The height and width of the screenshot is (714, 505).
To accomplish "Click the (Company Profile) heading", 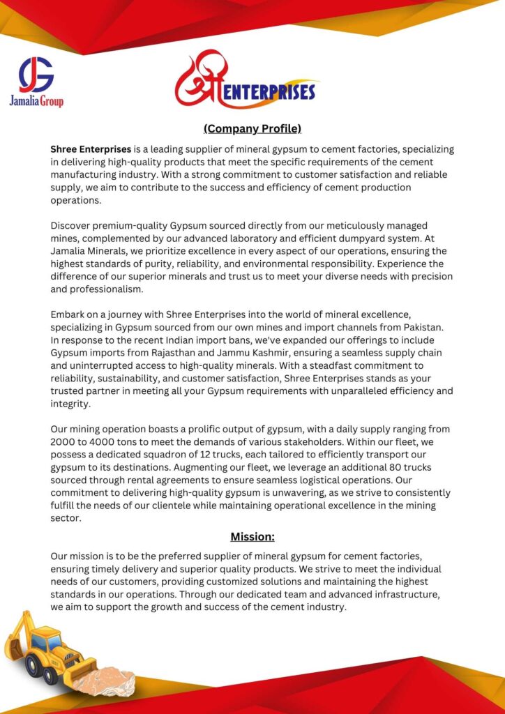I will [x=252, y=128].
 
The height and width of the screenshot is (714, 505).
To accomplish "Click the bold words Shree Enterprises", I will [x=91, y=149].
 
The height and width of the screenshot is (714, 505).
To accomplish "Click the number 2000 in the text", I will [x=63, y=442].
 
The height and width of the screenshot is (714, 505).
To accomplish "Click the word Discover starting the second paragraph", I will [x=73, y=225].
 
